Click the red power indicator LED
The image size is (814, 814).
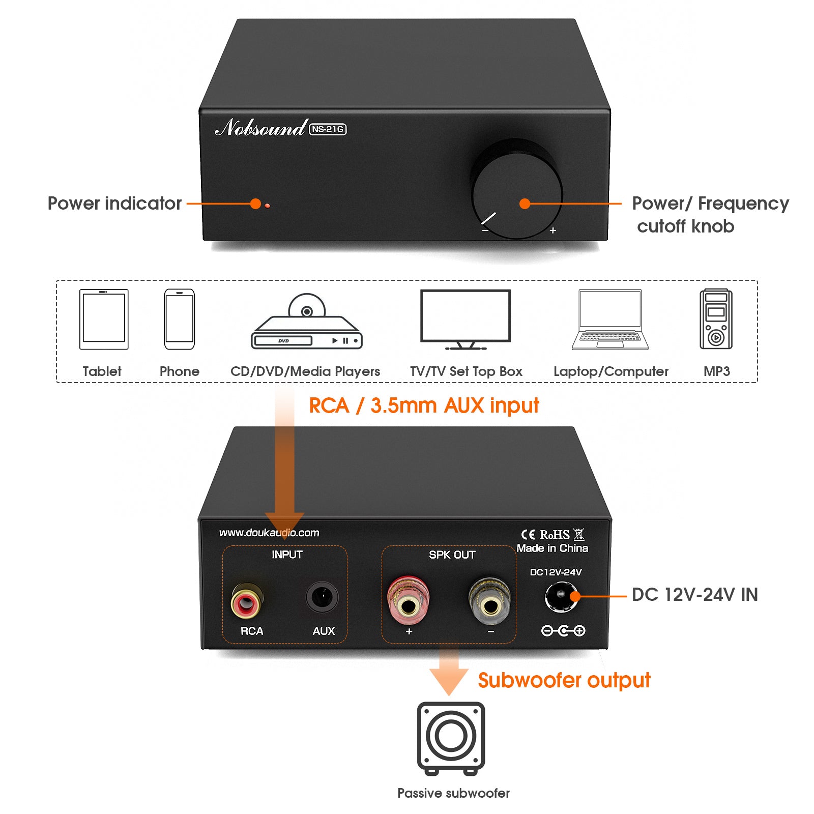[267, 206]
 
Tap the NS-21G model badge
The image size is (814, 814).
[328, 129]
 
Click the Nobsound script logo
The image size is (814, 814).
[260, 127]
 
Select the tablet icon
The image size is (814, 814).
[104, 319]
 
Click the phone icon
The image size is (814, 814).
[179, 319]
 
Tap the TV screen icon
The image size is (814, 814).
[465, 316]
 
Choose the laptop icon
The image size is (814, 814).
[610, 319]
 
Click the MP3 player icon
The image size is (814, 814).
[716, 319]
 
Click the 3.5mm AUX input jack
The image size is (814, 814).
[322, 597]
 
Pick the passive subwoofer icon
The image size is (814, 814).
[451, 737]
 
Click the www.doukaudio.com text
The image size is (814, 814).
[269, 533]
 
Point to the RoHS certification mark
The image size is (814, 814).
[555, 535]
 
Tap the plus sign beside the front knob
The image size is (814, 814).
[553, 230]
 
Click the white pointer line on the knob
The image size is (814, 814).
[488, 218]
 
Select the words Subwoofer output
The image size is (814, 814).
[564, 680]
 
